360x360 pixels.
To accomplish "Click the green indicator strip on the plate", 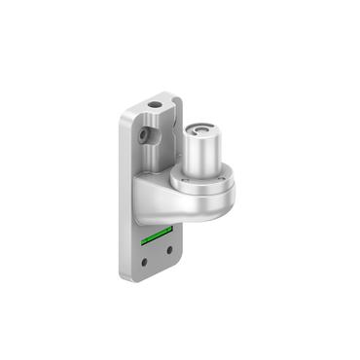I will pyautogui.click(x=156, y=235).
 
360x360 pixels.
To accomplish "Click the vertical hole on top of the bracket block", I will pyautogui.click(x=156, y=101).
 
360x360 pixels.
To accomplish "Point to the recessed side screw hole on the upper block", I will pyautogui.click(x=143, y=130).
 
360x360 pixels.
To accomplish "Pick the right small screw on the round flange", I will pyautogui.click(x=230, y=177).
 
